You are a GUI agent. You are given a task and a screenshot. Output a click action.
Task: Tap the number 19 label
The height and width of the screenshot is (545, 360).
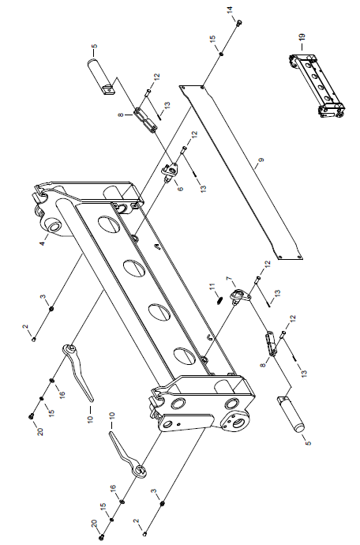[302, 37]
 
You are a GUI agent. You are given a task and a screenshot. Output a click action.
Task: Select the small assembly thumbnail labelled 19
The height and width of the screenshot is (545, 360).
[317, 85]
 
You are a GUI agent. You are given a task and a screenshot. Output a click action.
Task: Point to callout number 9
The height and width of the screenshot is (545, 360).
[261, 160]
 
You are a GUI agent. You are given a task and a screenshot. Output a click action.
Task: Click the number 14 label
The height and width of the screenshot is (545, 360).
[230, 10]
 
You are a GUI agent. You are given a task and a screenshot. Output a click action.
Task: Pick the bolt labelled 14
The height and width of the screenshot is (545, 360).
[239, 23]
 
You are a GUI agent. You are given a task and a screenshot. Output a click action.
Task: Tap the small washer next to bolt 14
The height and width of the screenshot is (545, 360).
[221, 54]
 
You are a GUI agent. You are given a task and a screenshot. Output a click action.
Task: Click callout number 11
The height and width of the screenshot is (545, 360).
[212, 287]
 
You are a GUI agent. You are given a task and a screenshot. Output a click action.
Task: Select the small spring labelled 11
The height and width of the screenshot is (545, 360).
[218, 300]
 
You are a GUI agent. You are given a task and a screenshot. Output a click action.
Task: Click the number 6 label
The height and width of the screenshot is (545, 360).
[180, 189]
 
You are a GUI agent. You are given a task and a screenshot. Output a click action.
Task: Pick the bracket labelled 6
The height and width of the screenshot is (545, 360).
[170, 171]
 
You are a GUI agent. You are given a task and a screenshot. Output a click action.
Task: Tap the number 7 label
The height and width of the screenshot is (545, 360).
[228, 279]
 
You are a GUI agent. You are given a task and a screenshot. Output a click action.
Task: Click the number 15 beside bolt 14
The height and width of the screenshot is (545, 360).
[212, 38]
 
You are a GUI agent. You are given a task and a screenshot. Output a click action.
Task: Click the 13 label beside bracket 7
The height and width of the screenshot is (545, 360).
[277, 294]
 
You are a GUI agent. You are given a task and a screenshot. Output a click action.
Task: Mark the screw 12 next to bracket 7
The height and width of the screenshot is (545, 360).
[258, 278]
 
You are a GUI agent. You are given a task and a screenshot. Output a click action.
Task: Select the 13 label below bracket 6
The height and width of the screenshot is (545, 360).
[203, 189]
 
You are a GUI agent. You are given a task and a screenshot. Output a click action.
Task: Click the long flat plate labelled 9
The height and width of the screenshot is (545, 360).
[241, 171]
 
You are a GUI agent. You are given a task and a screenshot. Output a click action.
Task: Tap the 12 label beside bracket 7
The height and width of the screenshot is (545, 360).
[267, 264]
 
